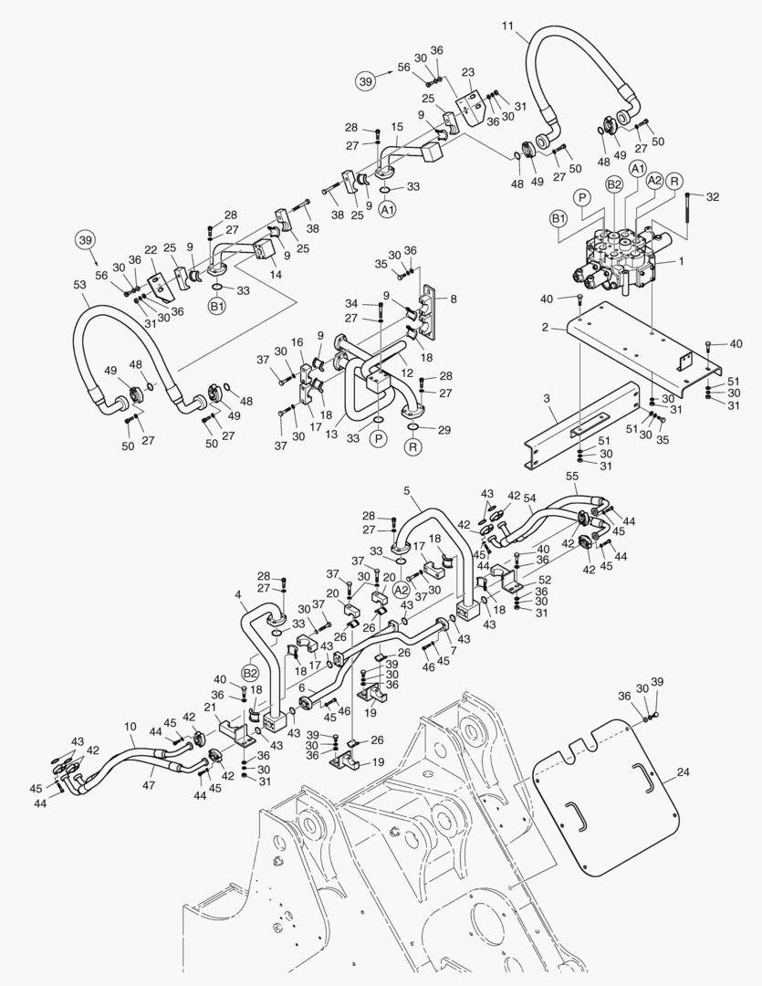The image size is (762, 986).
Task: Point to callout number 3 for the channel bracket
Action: pos(546,400)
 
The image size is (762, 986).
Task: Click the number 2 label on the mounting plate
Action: pos(545,326)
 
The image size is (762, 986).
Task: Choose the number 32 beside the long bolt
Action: pos(713,196)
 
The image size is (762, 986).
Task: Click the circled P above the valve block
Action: pos(580,196)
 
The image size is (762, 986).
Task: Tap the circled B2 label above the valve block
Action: pos(615,184)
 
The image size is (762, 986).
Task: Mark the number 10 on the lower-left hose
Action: pos(130,728)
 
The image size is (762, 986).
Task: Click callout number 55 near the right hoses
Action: pos(572,477)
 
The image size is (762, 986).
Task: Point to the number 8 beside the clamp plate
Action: pos(454,298)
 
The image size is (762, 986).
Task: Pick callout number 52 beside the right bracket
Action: pos(545,580)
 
